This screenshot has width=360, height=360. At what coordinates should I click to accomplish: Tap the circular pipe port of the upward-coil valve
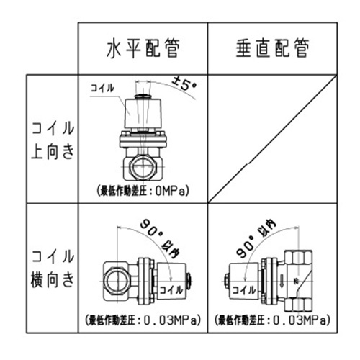(x=141, y=170)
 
